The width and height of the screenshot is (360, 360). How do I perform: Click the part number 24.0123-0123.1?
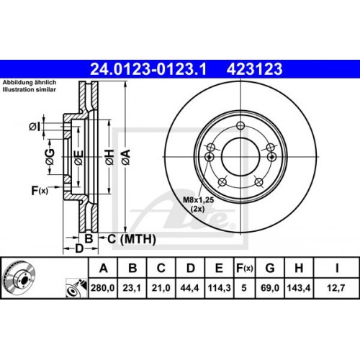point(148,70)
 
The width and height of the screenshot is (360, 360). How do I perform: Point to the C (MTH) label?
point(127,237)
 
